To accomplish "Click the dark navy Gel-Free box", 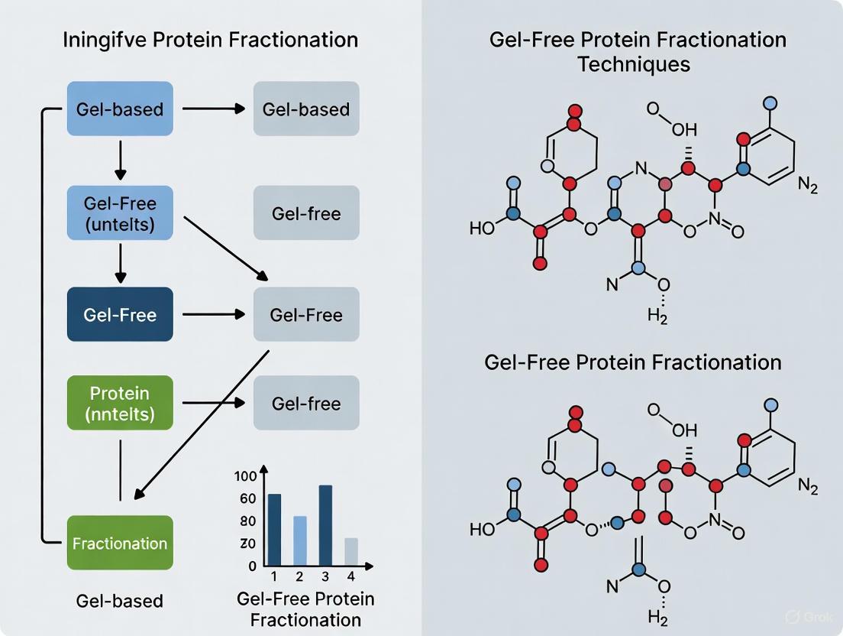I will tap(120, 314).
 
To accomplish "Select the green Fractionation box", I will tap(120, 543).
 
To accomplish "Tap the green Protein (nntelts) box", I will tap(120, 403).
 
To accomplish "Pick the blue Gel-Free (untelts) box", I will tap(120, 214).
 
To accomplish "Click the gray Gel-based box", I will tap(306, 109).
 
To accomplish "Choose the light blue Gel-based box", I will tap(120, 109).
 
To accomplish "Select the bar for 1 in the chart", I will tap(275, 530).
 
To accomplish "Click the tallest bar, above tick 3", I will tap(325, 525).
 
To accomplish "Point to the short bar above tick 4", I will tap(350, 551).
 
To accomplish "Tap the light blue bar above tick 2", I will tap(300, 540).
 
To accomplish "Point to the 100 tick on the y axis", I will tap(246, 477).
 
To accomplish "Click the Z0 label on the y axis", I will tap(247, 544).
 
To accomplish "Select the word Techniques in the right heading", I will tap(634, 63).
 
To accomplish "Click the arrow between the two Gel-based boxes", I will tap(212, 109).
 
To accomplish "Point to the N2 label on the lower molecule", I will tap(807, 486).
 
